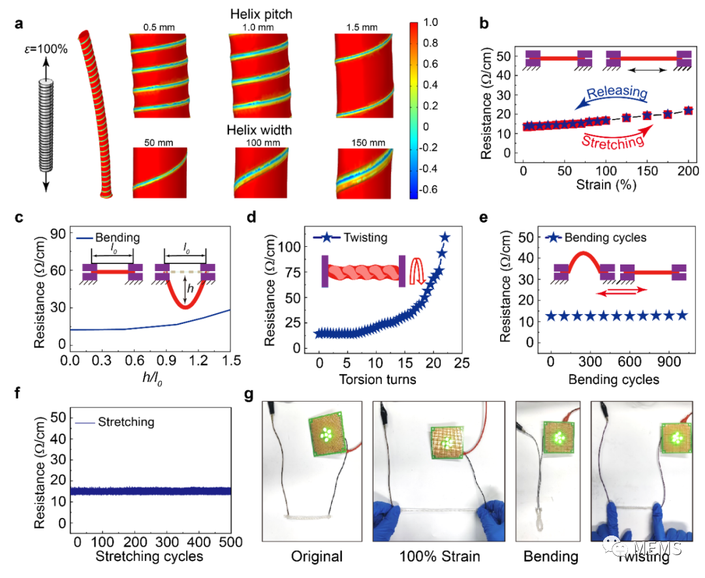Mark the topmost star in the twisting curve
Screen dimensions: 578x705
click(445, 237)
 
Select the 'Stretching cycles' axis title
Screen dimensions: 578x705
click(149, 557)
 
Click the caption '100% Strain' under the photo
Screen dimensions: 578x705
click(439, 557)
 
